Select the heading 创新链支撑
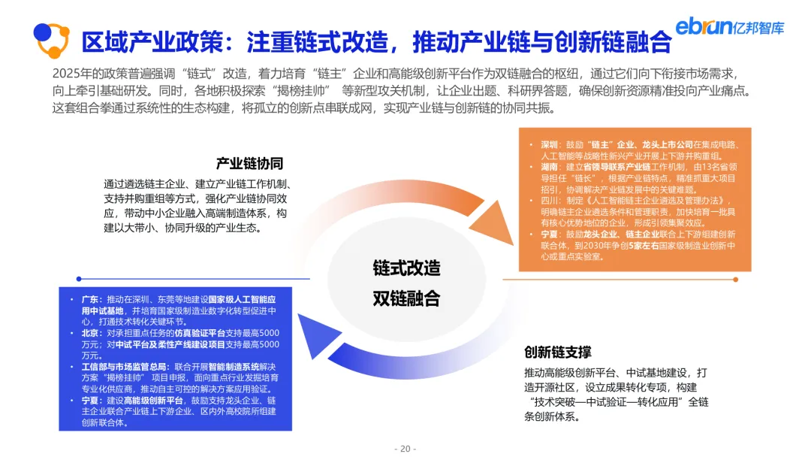point(558,351)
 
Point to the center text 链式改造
point(406,268)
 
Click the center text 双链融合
point(406,298)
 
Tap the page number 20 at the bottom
point(405,449)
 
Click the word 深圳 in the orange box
point(549,144)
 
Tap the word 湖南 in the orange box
point(549,165)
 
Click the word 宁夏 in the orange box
point(549,234)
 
